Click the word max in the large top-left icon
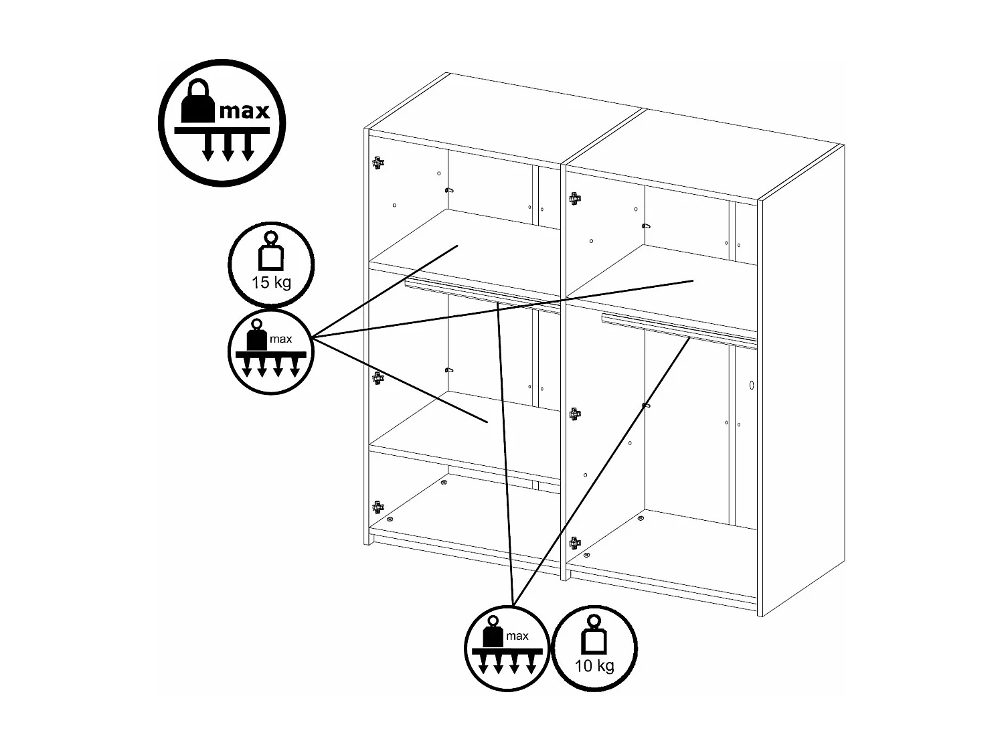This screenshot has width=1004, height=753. (244, 110)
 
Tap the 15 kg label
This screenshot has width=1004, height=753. (271, 282)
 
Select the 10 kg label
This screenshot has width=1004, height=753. (594, 666)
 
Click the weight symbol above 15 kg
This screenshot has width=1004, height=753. (270, 252)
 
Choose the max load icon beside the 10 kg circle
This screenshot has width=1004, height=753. (506, 647)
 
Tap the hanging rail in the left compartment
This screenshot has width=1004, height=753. (482, 297)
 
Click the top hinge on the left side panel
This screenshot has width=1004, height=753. (378, 162)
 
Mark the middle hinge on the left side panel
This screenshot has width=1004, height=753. (378, 378)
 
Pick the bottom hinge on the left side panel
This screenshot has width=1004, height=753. (378, 507)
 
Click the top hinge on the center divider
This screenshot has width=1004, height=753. (574, 198)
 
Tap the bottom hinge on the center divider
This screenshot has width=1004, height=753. (574, 542)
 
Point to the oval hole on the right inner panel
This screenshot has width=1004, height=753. (752, 386)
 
